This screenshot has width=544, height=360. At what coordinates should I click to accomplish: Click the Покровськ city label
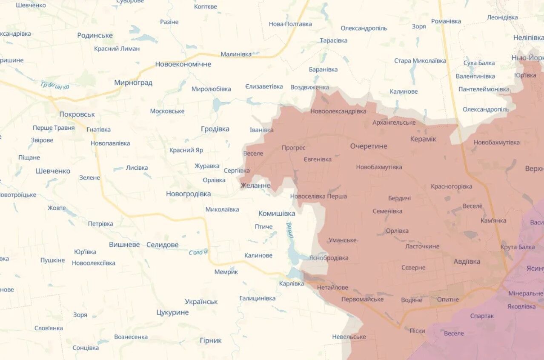[x=77, y=114]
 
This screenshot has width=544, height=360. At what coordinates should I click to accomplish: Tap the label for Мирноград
[x=133, y=83]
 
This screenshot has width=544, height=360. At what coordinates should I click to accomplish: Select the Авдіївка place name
[x=467, y=261]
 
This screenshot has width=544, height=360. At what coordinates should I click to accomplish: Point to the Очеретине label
[x=369, y=146]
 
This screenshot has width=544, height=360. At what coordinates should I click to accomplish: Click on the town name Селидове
[x=162, y=245]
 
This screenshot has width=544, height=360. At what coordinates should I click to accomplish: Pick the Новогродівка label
[x=188, y=194]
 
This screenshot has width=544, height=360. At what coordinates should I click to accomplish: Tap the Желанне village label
[x=255, y=186]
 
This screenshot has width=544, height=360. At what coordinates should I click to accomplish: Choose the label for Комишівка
[x=277, y=213]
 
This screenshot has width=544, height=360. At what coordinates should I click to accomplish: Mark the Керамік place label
[x=423, y=139]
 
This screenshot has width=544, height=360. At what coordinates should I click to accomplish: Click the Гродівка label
[x=215, y=129]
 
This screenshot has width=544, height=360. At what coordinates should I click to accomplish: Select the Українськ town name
[x=201, y=302]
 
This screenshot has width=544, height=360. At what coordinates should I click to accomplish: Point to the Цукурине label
[x=172, y=312]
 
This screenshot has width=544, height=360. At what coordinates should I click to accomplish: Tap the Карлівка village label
[x=292, y=283]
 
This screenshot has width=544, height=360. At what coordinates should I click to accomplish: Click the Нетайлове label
[x=332, y=288]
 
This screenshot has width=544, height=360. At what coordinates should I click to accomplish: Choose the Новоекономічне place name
[x=183, y=64]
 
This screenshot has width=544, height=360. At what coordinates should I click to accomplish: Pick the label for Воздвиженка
[x=309, y=87]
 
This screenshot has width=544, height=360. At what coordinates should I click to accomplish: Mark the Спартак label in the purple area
[x=482, y=316]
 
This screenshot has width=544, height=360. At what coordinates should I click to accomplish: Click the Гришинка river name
[x=55, y=86]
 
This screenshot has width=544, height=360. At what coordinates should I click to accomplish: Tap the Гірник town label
[x=210, y=340]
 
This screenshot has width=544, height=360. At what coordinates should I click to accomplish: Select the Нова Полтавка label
[x=290, y=24]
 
